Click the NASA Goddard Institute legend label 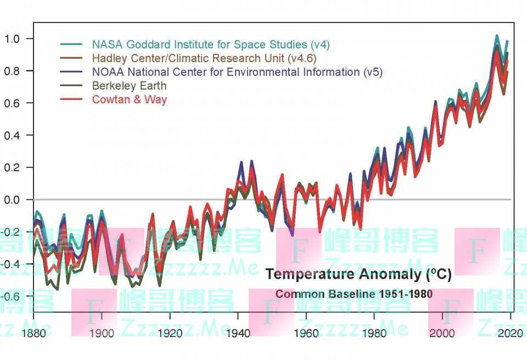tap(211, 44)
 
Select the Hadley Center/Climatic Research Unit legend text tap(204, 58)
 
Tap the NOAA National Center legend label tap(237, 72)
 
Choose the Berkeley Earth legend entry tap(129, 86)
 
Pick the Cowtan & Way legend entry tap(129, 99)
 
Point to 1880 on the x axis tap(33, 333)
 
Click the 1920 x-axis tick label tap(170, 333)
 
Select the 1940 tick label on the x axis tap(238, 333)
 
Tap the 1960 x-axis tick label tap(306, 333)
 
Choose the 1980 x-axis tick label tap(374, 333)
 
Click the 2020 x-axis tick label tap(509, 333)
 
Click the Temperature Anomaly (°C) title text tap(358, 274)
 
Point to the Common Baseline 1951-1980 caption tap(354, 294)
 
